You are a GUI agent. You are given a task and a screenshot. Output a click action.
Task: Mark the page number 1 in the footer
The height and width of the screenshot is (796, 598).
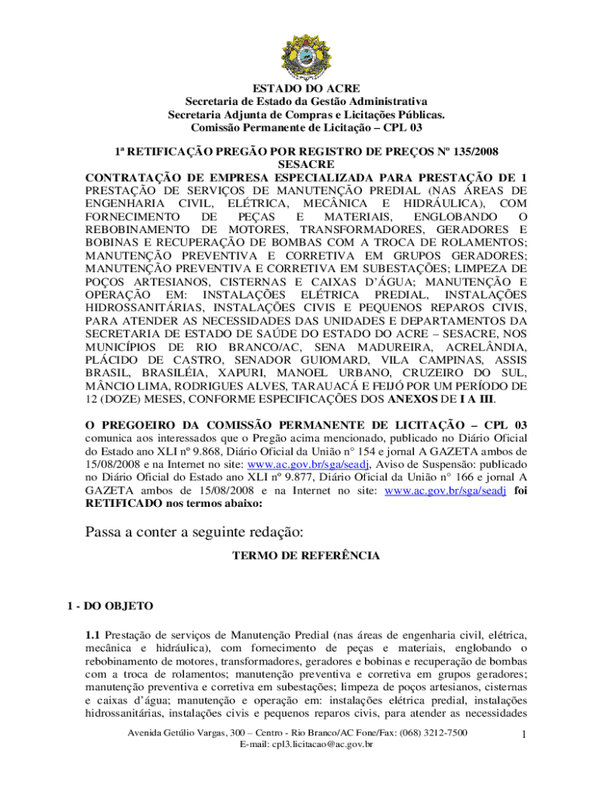tap(525, 735)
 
